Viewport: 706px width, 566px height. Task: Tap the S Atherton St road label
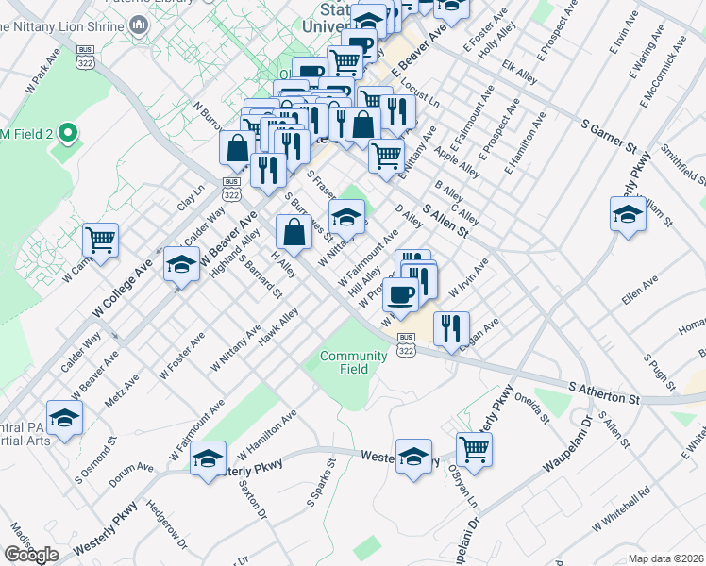[604, 392]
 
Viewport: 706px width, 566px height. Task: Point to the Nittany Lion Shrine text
[65, 25]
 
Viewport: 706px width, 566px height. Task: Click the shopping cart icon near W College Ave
[100, 240]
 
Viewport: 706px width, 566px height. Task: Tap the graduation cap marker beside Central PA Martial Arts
[64, 418]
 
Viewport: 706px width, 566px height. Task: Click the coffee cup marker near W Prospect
[400, 293]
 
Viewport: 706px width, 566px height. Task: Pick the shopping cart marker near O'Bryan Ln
[474, 448]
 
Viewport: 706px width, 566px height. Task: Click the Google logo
[31, 555]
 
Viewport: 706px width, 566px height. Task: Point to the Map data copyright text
[665, 558]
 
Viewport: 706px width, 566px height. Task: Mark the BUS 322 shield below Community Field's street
[406, 344]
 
